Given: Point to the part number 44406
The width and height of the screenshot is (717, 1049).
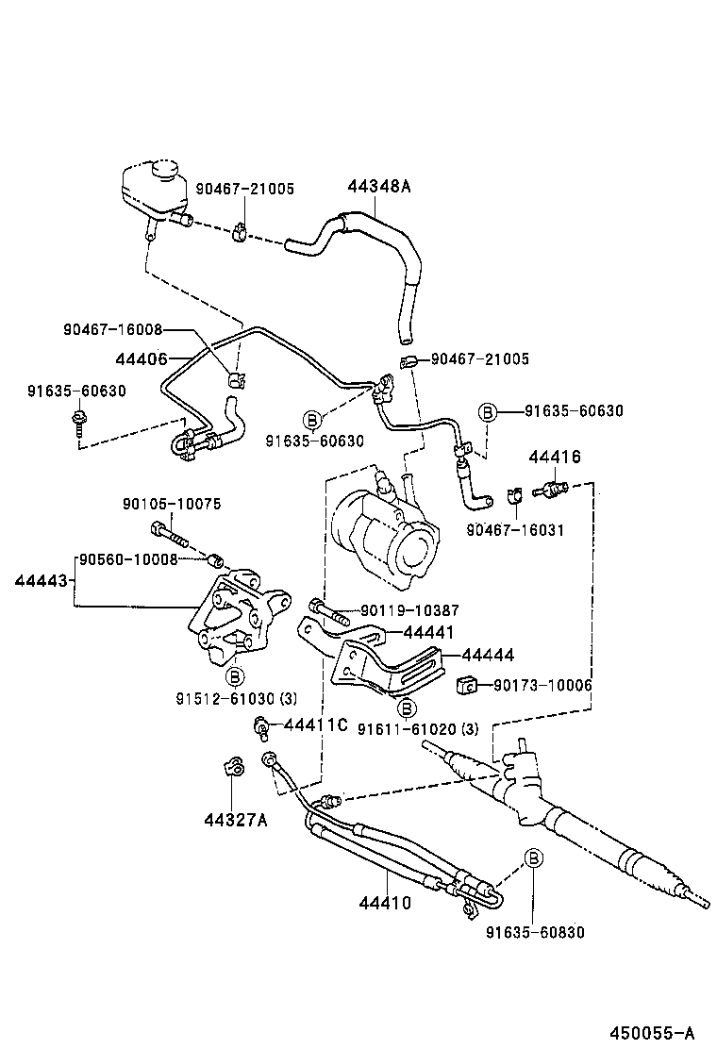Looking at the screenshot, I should tap(141, 358).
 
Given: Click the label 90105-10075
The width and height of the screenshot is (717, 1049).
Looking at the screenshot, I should tap(172, 505).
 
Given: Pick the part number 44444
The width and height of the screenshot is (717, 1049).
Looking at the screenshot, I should tap(488, 654).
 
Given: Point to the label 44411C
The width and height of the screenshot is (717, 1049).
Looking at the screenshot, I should tap(316, 724).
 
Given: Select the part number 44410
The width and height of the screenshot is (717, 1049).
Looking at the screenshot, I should tap(385, 903).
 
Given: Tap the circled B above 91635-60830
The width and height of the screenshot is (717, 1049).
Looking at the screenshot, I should tap(533, 858).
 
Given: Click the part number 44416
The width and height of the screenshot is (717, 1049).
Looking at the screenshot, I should tap(554, 457).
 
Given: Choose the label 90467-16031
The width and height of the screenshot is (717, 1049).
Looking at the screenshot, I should tap(515, 530).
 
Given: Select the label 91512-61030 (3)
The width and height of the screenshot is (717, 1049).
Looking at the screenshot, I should tap(236, 699).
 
